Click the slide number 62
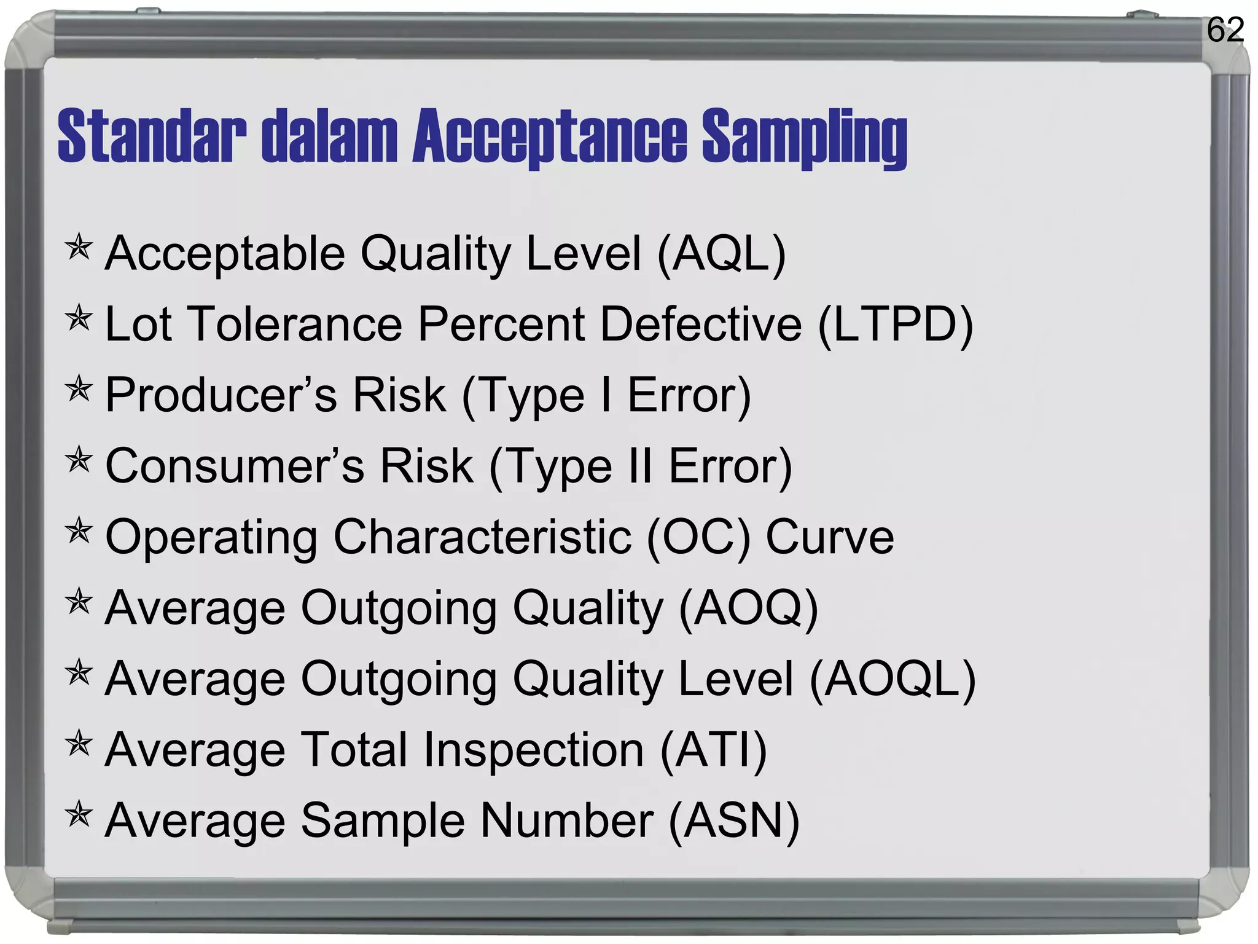point(1225,30)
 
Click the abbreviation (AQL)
point(721,254)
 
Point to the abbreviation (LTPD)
point(896,324)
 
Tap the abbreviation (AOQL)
point(893,679)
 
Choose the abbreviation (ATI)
point(714,750)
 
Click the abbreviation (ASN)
point(734,820)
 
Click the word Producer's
point(221,395)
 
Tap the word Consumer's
point(235,466)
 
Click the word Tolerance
point(297,324)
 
